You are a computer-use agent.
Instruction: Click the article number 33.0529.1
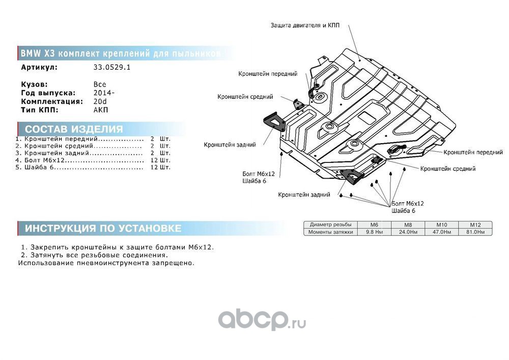[112, 67]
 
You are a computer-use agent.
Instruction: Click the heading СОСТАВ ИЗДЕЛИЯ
[74, 129]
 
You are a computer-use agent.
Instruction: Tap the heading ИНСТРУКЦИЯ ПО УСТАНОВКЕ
[103, 228]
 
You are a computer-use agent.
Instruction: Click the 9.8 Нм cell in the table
[374, 232]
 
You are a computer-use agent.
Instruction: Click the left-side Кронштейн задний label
[230, 145]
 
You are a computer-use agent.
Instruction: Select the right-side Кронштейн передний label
[473, 152]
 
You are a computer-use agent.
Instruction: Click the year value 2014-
[104, 93]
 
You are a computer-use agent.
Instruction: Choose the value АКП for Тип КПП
[101, 109]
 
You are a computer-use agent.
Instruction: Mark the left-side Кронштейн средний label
[245, 96]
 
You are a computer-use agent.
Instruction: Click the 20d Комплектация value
[100, 101]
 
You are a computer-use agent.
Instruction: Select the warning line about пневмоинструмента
[106, 263]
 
